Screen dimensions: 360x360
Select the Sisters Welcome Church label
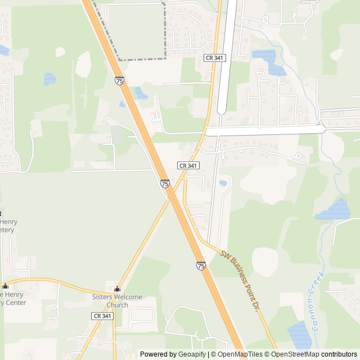[117, 301]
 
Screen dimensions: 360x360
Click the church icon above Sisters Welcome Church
[117, 289]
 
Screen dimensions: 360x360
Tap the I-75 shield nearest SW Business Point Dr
[201, 265]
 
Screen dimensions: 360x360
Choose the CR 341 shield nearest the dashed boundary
[214, 58]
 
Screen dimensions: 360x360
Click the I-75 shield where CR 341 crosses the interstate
[165, 183]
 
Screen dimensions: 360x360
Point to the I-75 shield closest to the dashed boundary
[120, 81]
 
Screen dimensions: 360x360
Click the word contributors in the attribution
[339, 354]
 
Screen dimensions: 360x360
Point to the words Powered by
[158, 354]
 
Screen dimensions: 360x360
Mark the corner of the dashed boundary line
[165, 58]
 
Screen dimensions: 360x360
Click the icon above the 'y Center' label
[6, 286]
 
